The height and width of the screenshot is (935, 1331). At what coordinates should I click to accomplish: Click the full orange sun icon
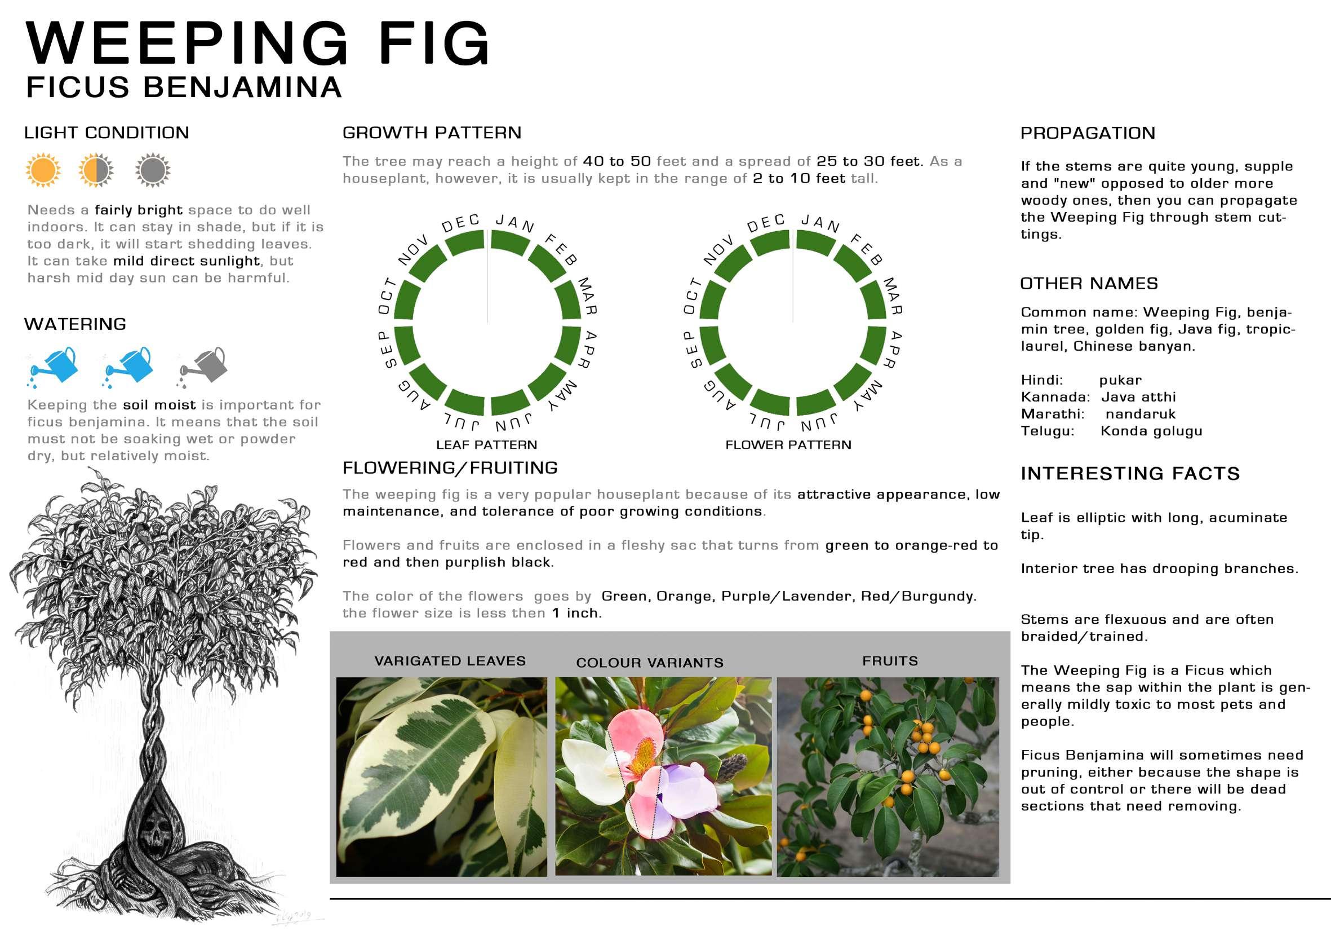click(x=43, y=170)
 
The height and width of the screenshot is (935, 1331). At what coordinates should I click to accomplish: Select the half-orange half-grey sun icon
click(x=96, y=170)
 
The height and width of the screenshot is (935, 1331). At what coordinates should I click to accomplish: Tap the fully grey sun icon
click(x=153, y=170)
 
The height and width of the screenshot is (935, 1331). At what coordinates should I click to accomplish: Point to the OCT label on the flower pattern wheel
click(x=692, y=296)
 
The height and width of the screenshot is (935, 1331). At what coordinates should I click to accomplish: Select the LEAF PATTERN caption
click(x=486, y=445)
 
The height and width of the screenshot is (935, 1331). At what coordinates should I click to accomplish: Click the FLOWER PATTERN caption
click(x=788, y=445)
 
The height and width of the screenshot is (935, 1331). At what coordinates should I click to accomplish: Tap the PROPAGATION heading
click(x=1088, y=134)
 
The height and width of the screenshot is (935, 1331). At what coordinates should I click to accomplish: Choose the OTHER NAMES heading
click(x=1089, y=284)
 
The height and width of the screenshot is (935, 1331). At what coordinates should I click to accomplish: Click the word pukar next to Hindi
click(x=1120, y=381)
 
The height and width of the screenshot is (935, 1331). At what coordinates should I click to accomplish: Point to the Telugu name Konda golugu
click(x=1151, y=431)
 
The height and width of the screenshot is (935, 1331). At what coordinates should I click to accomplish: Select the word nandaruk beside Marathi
click(x=1141, y=414)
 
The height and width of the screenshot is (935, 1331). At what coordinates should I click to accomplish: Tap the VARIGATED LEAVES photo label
click(x=450, y=661)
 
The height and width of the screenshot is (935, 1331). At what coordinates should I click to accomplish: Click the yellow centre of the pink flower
click(x=642, y=754)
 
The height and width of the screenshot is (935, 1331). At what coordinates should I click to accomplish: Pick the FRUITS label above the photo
click(x=890, y=661)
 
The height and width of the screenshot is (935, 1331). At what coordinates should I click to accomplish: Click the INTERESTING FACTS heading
click(x=1130, y=474)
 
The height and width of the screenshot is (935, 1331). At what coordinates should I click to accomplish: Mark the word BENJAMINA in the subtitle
click(x=242, y=87)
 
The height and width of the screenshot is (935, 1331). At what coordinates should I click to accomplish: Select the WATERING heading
click(x=76, y=324)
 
